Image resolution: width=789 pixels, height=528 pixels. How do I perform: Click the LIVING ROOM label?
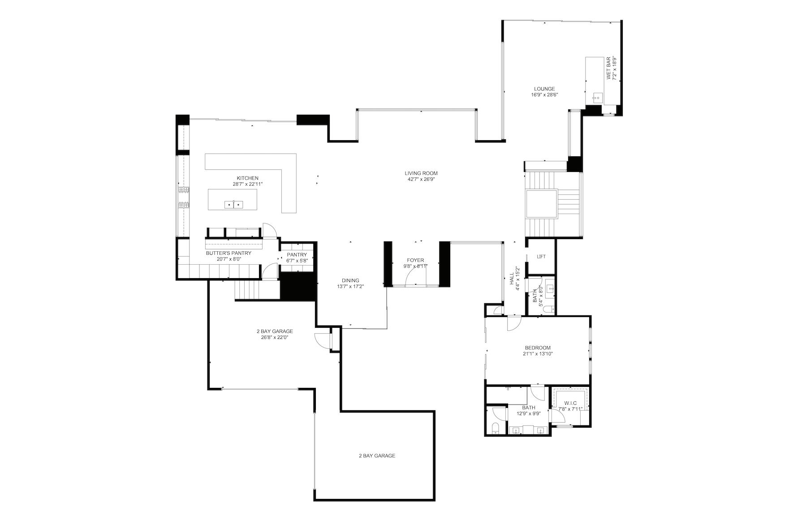tap(421, 173)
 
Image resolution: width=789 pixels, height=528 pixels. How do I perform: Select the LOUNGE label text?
tap(544, 89)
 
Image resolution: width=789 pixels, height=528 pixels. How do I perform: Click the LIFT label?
tap(541, 257)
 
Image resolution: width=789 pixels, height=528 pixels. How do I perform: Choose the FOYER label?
tap(415, 260)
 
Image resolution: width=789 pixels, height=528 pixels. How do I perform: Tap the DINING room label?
tap(350, 281)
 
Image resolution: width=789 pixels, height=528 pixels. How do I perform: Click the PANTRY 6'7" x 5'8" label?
tap(297, 258)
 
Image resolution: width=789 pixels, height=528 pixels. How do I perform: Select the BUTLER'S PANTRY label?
tap(229, 253)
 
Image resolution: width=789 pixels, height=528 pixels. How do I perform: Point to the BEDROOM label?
tap(538, 348)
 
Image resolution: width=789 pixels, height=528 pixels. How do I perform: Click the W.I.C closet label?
tap(570, 403)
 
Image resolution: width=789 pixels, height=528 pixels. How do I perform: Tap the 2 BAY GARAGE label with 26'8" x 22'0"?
tap(275, 335)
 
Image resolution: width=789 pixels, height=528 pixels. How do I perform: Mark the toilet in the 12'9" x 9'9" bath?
tap(495, 428)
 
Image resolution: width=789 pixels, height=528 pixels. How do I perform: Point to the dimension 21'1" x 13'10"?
tap(538, 354)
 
